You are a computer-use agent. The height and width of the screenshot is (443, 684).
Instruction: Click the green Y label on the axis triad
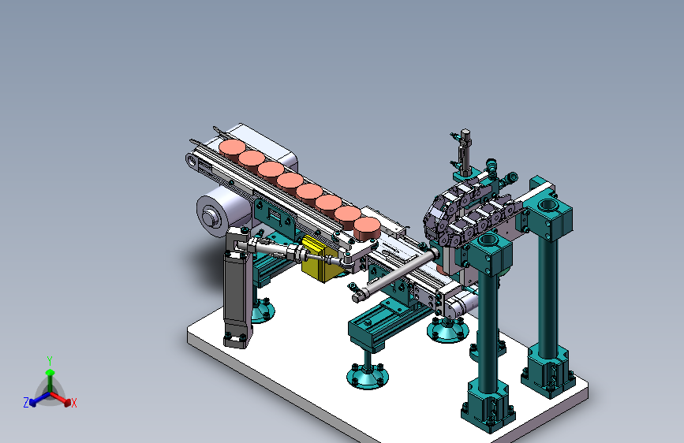click(x=50, y=361)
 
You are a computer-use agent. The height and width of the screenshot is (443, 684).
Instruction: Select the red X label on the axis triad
click(x=73, y=403)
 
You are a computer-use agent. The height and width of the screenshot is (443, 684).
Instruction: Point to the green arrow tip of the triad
click(x=50, y=372)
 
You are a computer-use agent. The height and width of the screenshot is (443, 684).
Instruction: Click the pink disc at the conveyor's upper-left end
click(x=232, y=148)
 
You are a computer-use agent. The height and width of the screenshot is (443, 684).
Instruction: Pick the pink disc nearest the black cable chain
click(x=367, y=228)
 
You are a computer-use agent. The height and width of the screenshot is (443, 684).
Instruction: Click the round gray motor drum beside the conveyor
click(x=218, y=214)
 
